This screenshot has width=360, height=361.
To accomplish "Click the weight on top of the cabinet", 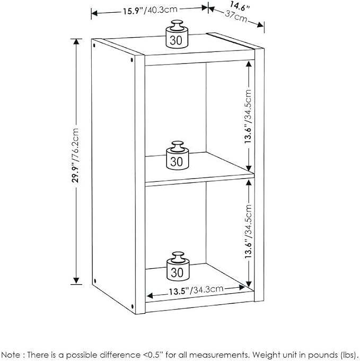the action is pos(177,34).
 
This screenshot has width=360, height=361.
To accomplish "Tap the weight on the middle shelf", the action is pos(178,155).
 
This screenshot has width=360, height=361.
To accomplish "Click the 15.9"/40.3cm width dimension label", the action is pos(150,11).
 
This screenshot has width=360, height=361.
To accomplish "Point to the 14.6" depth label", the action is pos(240,6).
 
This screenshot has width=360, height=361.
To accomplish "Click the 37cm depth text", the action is pos(236,16).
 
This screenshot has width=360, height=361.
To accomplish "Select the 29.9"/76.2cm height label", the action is pos(75,156).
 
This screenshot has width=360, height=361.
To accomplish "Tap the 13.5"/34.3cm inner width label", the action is pos(196,290).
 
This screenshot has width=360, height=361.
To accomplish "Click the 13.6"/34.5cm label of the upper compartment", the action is pos(248,117).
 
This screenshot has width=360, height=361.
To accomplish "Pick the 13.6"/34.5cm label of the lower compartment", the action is pos(249,231).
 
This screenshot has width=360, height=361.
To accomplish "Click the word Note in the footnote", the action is pos(11,355).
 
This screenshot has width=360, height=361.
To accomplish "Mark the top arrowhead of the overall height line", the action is pos(76,42).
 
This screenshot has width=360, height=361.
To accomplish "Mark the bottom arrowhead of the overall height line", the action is pos(76,281).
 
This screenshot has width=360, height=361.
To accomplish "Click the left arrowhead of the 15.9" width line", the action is pos(94,13).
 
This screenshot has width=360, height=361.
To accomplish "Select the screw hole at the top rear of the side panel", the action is pos(94,46).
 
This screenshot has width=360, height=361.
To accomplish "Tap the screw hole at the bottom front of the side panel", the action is pos(132,307).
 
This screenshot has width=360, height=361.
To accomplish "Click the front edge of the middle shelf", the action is pos(200,180).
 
